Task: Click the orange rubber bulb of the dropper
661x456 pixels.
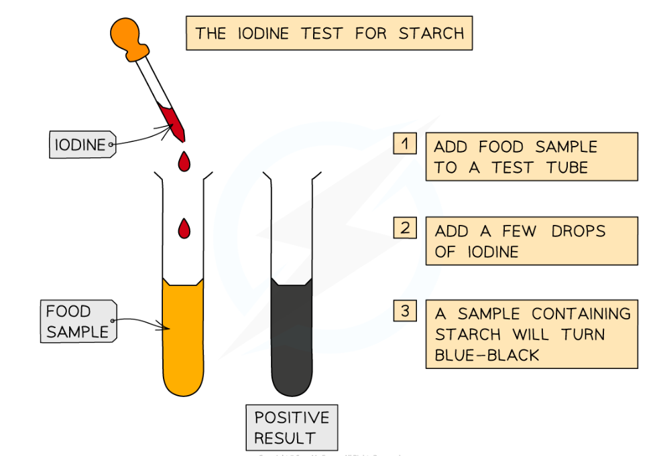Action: coord(127,33)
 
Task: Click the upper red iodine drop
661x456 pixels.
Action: coord(183,161)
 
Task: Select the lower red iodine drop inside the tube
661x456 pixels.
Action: coord(183,228)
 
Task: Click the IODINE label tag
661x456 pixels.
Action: coord(79,144)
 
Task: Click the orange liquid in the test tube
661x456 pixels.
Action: coord(183,335)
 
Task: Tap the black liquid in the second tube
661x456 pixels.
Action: coord(292,335)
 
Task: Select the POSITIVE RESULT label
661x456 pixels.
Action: coord(291,428)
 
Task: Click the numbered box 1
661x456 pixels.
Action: coord(405,144)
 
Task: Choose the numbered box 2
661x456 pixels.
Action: coord(405,228)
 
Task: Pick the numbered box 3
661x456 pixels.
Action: coord(405,311)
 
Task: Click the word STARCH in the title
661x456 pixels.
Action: coord(431,33)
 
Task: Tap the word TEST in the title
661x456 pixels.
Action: coord(323,33)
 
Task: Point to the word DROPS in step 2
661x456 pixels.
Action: coord(578,232)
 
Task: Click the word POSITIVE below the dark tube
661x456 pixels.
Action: coord(292,418)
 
